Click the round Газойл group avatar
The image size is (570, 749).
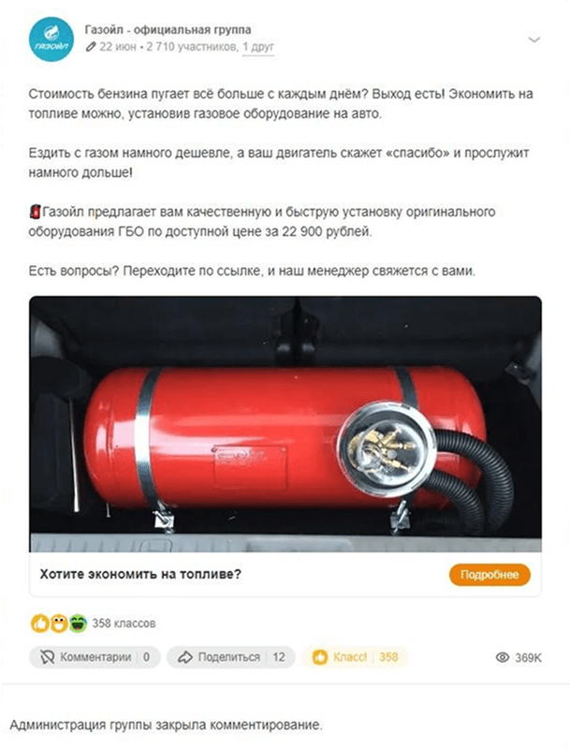51,39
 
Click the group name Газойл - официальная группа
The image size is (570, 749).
168,30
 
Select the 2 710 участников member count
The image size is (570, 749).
192,47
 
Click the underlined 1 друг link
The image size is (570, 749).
258,47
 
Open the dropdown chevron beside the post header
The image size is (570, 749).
534,39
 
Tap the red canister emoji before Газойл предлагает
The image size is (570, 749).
35,212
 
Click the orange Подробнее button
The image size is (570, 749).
490,575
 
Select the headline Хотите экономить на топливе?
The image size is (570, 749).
140,574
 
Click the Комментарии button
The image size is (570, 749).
95,657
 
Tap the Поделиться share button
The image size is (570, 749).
231,657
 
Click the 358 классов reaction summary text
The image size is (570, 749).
124,624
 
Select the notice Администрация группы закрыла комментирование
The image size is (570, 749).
166,725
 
